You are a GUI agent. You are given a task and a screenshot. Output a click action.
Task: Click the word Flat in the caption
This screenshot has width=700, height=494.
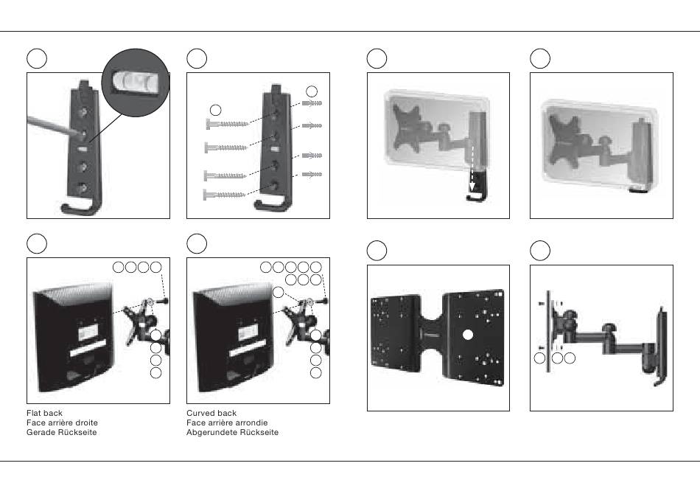[x=33, y=413]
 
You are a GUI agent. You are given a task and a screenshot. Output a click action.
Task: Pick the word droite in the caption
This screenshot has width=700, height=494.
[x=86, y=422]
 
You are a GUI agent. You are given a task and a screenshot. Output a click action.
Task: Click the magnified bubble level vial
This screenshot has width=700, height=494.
[x=136, y=82]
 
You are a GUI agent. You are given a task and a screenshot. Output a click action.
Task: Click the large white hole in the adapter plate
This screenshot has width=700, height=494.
[x=467, y=335]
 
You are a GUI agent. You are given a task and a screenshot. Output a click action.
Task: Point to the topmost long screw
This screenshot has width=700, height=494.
[x=227, y=124]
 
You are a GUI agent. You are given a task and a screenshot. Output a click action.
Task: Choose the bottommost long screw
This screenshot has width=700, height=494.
[x=225, y=195]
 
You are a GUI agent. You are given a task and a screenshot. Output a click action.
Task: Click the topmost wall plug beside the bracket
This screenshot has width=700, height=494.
[x=312, y=103]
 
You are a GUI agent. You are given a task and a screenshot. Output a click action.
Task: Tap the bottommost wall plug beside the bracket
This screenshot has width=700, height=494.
[x=312, y=174]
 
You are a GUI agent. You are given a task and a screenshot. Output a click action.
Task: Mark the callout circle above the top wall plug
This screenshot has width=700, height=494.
[x=312, y=91]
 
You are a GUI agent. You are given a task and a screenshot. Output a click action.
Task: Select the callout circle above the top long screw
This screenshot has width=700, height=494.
[x=215, y=109]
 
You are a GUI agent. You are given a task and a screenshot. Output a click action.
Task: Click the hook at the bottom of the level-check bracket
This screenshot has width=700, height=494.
[x=80, y=208]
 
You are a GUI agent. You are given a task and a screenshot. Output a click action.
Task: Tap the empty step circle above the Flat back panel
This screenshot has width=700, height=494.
[x=37, y=244]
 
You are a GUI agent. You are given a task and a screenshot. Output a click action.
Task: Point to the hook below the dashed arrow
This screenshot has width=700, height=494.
[x=475, y=198]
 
